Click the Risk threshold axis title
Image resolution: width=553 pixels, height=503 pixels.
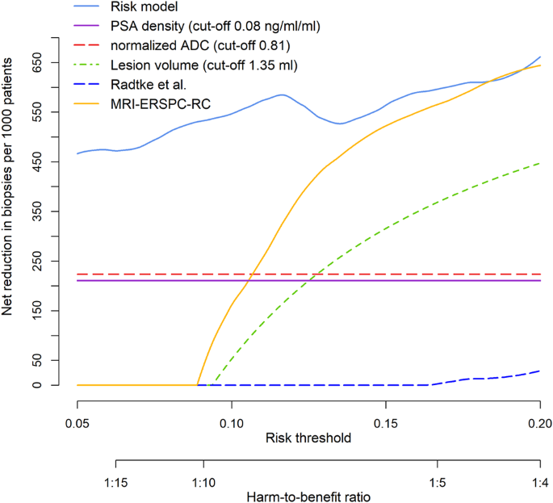pyautogui.click(x=308, y=438)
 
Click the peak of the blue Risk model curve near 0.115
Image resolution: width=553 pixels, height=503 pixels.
pyautogui.click(x=280, y=94)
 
